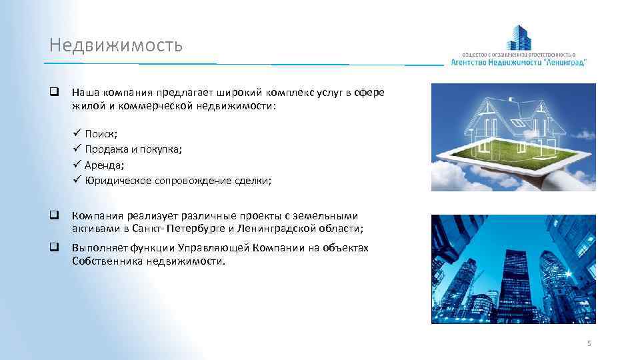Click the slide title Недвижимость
tap(115, 45)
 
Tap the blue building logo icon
tap(519, 38)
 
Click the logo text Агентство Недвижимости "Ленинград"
tap(519, 62)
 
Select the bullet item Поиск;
tap(101, 133)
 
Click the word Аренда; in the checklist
tap(105, 164)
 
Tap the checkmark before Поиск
tap(77, 133)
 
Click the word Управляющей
tap(214, 248)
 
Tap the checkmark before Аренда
tap(77, 164)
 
